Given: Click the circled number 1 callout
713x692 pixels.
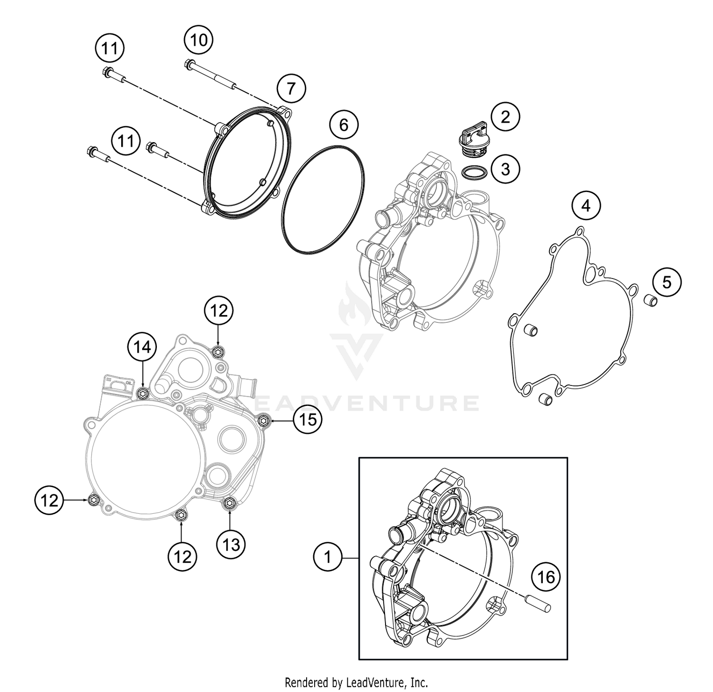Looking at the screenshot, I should pos(328,557).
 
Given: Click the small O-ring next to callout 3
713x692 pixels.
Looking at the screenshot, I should pos(473,173).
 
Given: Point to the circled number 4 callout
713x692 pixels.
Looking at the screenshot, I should pos(586,206).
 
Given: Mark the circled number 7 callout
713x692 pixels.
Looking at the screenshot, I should pos(291,88).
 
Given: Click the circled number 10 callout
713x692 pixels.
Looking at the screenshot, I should pos(199,40).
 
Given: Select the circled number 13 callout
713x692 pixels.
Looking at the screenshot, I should pos(231,544).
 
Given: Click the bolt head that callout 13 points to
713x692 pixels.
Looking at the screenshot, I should pos(230,503).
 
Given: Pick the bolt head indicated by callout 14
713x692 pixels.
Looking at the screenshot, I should pos(143,394).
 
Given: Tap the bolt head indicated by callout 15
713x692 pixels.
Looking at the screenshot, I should pos(264,420).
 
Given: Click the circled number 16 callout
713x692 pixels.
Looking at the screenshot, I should pos(546,577).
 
